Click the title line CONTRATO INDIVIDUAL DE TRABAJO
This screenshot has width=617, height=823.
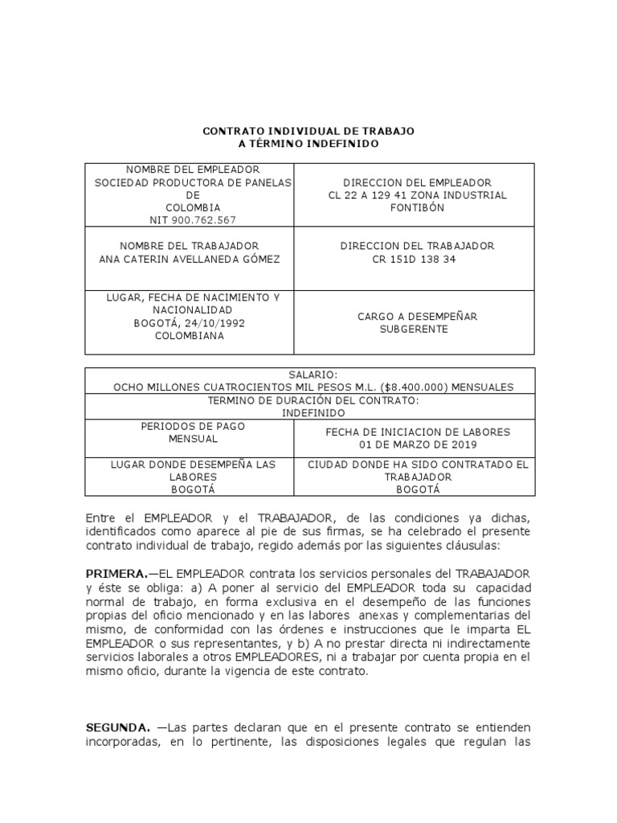click(308, 130)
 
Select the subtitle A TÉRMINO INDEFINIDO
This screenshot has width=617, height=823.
click(308, 143)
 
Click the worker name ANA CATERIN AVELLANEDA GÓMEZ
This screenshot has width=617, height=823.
click(189, 259)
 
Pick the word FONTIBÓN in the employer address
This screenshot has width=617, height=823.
click(417, 207)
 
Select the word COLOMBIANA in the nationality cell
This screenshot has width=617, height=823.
click(190, 336)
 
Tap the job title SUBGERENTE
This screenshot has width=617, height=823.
click(414, 330)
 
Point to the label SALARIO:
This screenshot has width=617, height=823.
click(309, 375)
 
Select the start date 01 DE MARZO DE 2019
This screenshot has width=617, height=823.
click(417, 444)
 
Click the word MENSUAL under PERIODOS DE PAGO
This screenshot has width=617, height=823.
click(192, 439)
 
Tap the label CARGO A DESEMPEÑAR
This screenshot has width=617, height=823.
click(417, 317)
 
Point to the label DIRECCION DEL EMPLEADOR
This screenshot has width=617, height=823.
click(417, 182)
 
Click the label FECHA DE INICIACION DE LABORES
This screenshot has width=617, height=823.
click(417, 432)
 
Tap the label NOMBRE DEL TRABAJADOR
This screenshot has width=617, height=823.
click(189, 245)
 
